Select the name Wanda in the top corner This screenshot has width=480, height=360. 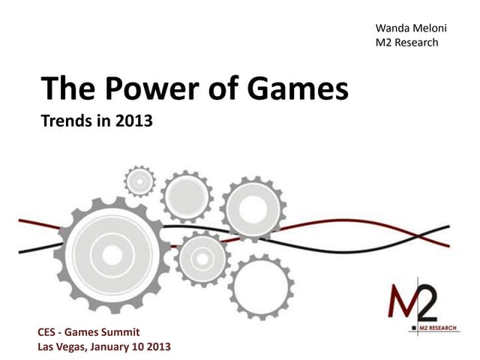pyautogui.click(x=391, y=28)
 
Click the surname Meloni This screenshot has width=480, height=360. pyautogui.click(x=427, y=28)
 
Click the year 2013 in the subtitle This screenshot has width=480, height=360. pyautogui.click(x=133, y=121)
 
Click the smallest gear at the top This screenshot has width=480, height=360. pyautogui.click(x=139, y=181)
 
